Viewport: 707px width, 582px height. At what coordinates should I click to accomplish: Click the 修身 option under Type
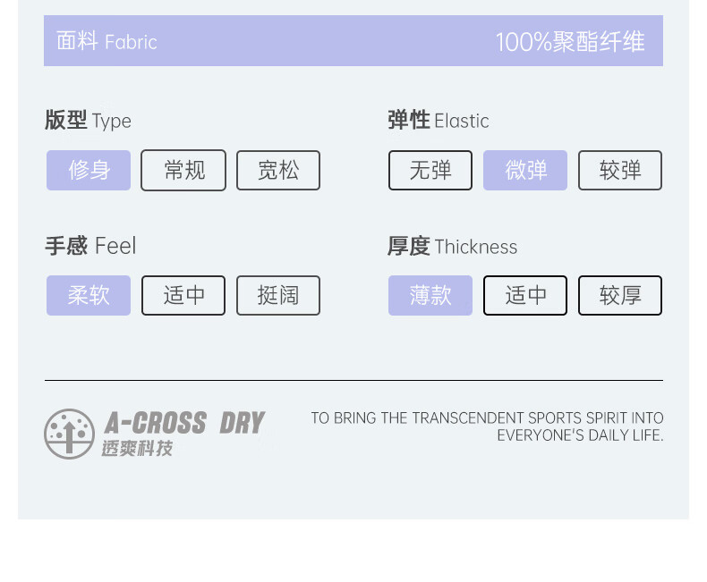click(89, 170)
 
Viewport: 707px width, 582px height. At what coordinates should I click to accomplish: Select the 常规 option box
click(183, 170)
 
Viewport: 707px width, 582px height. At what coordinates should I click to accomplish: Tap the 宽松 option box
click(278, 170)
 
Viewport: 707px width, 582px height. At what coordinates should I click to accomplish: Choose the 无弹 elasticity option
click(430, 170)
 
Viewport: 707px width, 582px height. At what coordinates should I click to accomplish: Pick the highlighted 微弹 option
click(525, 170)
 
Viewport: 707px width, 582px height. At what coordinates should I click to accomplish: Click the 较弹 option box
click(620, 170)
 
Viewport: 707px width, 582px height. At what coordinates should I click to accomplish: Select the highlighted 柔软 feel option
click(89, 295)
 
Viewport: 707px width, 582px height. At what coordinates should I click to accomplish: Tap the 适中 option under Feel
click(183, 295)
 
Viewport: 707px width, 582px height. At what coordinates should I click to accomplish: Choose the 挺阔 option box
click(278, 295)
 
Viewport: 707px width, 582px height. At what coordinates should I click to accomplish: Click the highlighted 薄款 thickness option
click(430, 295)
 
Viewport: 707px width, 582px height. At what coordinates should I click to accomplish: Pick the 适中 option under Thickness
click(525, 295)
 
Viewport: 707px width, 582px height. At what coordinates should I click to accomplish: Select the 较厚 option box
click(620, 295)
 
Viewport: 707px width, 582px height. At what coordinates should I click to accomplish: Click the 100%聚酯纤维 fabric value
click(570, 42)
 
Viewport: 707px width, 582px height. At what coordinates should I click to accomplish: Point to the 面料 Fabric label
click(106, 42)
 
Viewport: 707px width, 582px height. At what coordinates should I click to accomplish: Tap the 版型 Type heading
click(88, 121)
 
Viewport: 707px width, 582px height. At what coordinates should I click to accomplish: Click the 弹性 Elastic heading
click(439, 121)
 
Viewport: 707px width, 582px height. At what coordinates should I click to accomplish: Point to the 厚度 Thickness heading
click(452, 247)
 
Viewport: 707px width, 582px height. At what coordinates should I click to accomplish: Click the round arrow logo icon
click(69, 434)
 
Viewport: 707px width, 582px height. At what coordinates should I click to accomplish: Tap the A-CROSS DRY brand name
click(184, 423)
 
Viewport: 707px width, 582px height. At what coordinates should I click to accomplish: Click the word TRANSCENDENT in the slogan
click(468, 418)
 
